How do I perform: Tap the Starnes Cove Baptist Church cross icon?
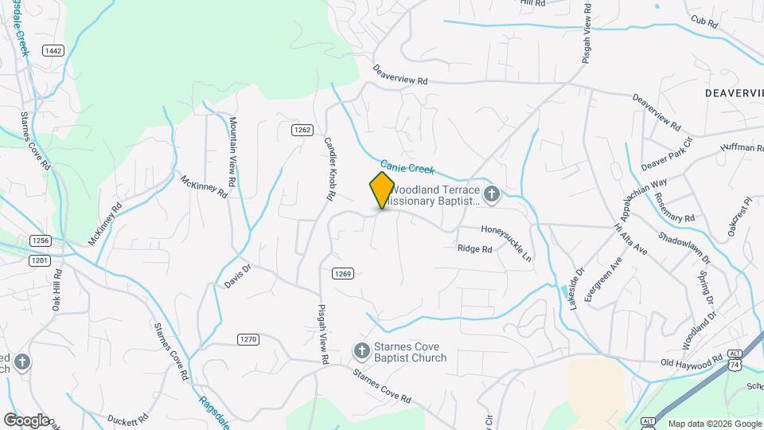361,350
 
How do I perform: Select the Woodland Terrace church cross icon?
492,193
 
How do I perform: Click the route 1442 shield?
53,51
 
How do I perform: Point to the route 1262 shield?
301,130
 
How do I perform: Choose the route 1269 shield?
342,274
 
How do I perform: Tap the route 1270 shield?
248,339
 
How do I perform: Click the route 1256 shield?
40,240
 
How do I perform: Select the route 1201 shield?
40,260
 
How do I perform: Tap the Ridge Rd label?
474,248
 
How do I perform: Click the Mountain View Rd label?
233,152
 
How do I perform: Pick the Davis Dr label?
237,276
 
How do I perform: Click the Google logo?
25,420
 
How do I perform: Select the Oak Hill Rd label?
57,291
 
